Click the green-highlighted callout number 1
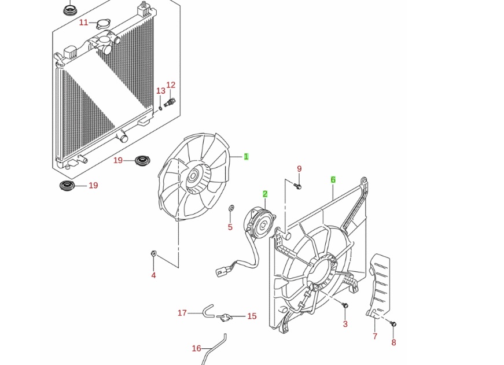click(x=246, y=157)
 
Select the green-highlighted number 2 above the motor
click(x=265, y=194)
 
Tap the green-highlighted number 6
click(x=333, y=180)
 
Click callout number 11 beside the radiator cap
click(x=83, y=22)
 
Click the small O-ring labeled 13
click(x=160, y=108)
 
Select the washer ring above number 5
click(x=231, y=208)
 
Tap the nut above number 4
click(x=154, y=253)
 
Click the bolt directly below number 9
click(x=297, y=185)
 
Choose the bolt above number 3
click(x=345, y=305)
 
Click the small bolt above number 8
click(x=393, y=323)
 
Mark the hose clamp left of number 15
click(x=225, y=317)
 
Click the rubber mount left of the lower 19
click(x=67, y=185)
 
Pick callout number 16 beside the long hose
click(x=196, y=348)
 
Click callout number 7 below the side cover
click(x=375, y=337)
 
